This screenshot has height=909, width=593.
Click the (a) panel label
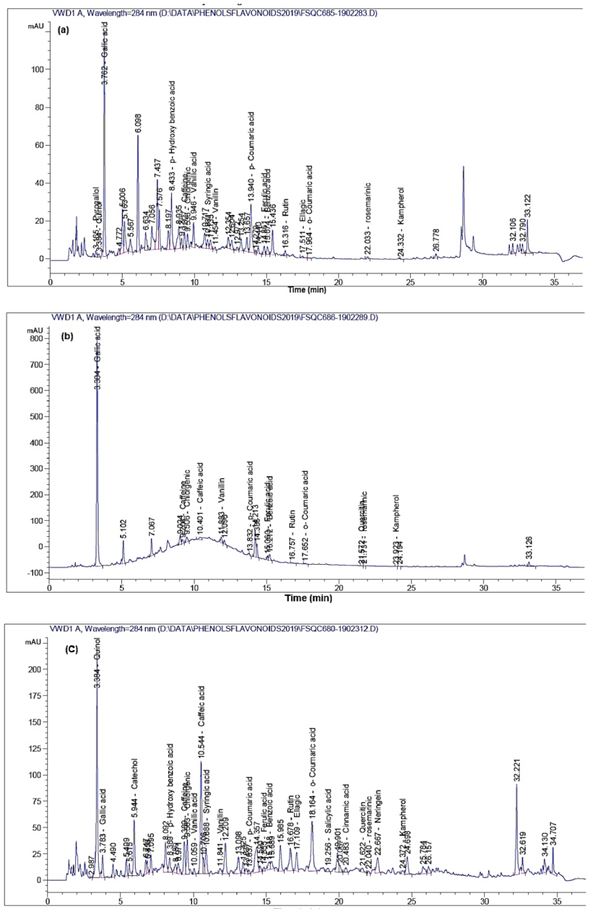pyautogui.click(x=64, y=29)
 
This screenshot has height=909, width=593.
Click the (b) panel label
pyautogui.click(x=64, y=336)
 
